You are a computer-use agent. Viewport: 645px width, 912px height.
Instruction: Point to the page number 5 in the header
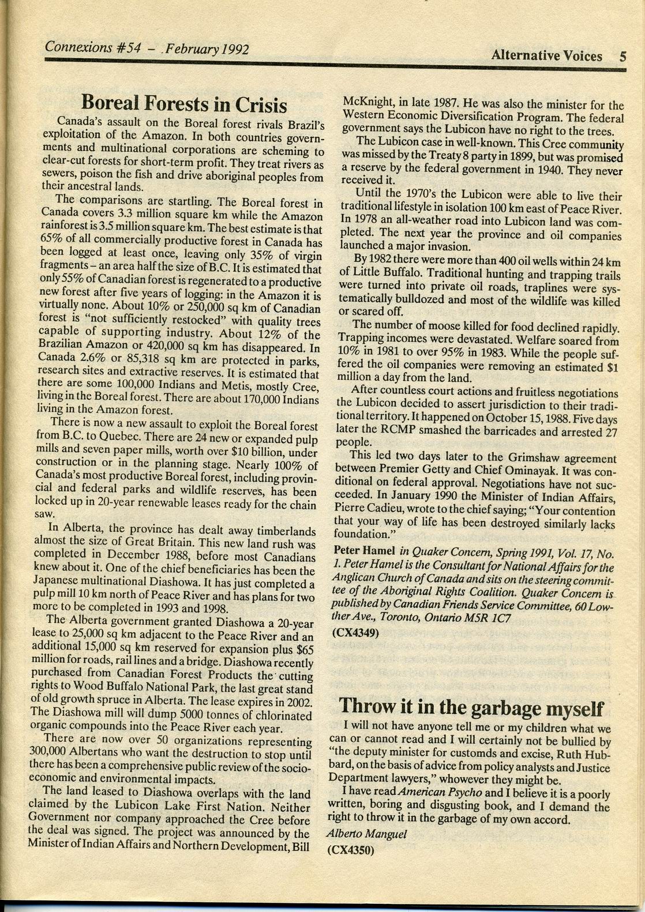pos(622,57)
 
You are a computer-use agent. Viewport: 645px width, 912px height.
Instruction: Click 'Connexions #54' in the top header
pos(92,47)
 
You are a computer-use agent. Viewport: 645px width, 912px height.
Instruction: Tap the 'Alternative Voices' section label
pos(546,56)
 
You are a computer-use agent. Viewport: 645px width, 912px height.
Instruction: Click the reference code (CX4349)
pos(355,632)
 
